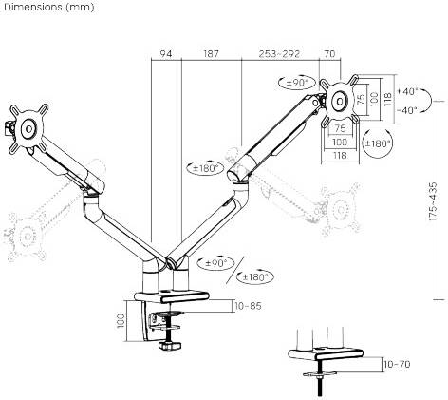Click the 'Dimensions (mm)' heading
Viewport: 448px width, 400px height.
click(49, 7)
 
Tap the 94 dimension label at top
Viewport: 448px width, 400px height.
click(166, 54)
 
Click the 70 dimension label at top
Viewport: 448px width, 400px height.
click(329, 54)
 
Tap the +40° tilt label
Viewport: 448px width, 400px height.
click(408, 91)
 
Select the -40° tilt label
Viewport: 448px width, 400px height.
click(407, 110)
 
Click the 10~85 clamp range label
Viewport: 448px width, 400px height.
click(248, 306)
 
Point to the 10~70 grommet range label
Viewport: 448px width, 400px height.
click(397, 364)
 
